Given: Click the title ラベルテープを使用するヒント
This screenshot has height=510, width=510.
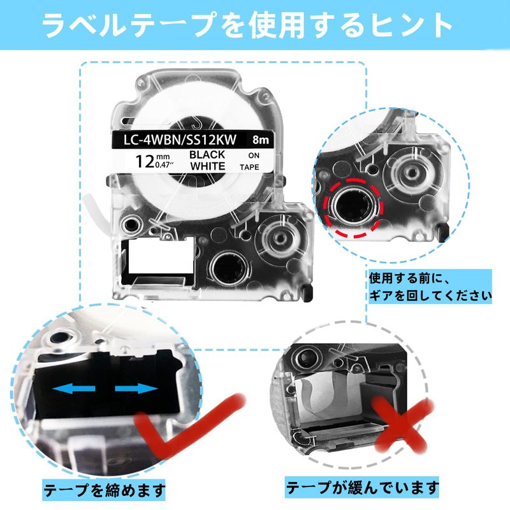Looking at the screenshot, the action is coord(247,25).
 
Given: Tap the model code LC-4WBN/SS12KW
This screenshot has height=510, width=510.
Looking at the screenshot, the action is coord(180,140).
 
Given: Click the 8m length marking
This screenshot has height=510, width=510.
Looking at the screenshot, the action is coord(261,140).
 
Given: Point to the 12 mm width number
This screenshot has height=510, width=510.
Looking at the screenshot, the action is coord(145,161).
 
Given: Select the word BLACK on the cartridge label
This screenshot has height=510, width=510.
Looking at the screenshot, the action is coord(207,154).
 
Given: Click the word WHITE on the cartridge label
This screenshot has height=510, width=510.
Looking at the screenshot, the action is coord(208,166).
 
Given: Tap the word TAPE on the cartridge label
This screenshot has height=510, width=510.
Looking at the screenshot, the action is coord(249,167).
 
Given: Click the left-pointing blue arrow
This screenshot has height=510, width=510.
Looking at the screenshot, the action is coord(73,389).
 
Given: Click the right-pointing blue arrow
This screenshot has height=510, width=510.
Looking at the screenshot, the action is coord(136,389).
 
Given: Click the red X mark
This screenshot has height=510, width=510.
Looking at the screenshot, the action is coord(402,424).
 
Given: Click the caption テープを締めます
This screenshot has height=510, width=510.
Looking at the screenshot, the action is coord(104,490).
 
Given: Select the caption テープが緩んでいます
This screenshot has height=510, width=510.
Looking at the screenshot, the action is coord(362,488).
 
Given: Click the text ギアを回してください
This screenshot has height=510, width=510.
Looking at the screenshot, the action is coord(430,296).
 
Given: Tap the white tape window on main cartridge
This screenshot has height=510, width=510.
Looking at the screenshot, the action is coord(161,257).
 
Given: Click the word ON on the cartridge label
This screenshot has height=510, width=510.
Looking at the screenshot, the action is coord(254,156).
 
